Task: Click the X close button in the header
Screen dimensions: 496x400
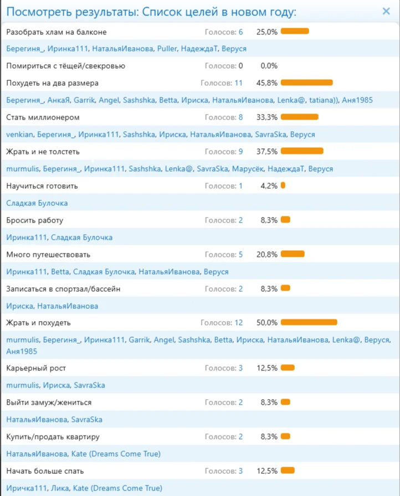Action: tap(386, 11)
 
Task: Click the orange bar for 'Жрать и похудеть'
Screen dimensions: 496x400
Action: tap(309, 322)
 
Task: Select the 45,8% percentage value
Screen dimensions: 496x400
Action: tap(266, 83)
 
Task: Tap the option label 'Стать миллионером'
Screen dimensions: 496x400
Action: tap(43, 117)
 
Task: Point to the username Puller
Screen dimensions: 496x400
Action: tap(167, 49)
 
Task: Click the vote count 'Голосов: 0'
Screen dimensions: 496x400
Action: tap(224, 66)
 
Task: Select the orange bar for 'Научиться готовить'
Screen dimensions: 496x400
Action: tap(283, 186)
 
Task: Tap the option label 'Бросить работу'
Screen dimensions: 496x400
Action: tap(35, 220)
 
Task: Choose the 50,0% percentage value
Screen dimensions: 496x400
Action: tap(266, 322)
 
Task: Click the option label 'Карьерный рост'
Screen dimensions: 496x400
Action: tap(36, 368)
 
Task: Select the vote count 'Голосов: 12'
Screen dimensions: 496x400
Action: tap(222, 322)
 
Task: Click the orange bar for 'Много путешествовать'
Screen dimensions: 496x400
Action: tap(293, 255)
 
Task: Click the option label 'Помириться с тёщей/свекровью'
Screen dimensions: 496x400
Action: tap(65, 66)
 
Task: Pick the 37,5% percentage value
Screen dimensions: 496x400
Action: tap(266, 152)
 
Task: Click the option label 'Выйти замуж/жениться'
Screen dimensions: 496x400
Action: tap(49, 402)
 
